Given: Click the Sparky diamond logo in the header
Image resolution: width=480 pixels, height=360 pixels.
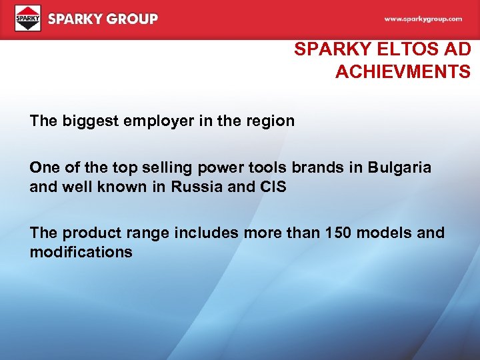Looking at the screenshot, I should [28, 18].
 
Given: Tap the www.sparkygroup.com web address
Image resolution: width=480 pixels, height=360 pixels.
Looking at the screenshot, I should [423, 19].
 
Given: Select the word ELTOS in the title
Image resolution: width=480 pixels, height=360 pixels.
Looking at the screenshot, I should [409, 49].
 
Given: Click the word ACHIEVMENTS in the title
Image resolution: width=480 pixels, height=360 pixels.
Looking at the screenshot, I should [403, 72].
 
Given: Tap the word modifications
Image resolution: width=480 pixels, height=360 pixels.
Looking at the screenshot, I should [81, 252].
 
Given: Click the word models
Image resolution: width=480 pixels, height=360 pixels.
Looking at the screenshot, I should [391, 233].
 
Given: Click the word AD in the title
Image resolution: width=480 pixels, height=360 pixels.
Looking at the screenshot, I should [459, 49].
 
